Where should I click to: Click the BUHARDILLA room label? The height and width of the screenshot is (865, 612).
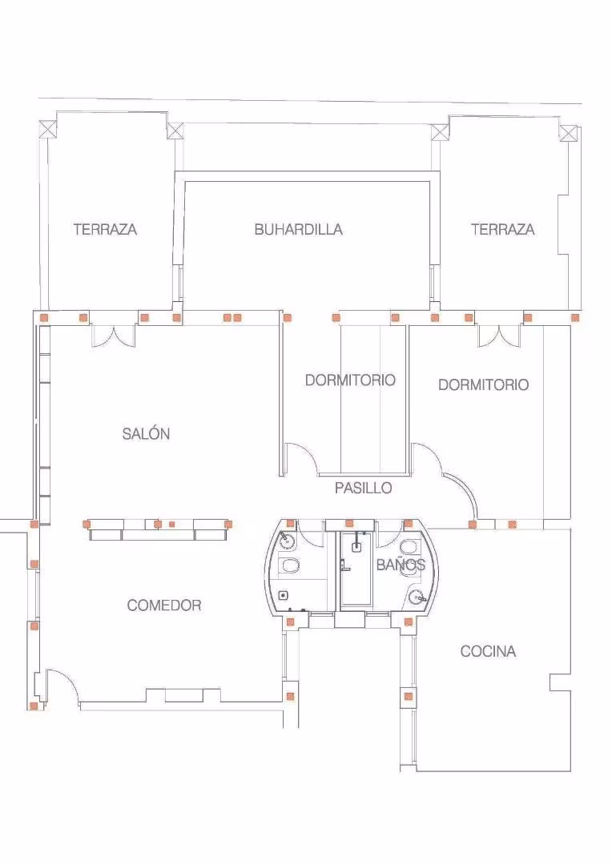[x=298, y=230]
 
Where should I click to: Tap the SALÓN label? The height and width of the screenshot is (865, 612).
[x=146, y=433]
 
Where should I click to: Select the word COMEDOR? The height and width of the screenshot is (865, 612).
[x=164, y=605]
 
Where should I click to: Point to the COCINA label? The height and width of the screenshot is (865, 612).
[x=489, y=651]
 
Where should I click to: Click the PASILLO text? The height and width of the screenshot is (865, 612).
[x=363, y=488]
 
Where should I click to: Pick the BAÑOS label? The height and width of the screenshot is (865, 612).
[x=401, y=564]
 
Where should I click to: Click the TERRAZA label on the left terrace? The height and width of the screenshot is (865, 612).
[x=105, y=230]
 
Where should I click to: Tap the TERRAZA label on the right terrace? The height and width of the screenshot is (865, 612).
[x=503, y=229]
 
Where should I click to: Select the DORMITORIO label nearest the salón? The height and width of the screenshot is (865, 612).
[x=350, y=380]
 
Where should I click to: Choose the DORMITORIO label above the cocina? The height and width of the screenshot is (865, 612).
[x=483, y=384]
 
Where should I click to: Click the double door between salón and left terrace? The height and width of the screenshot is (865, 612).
[x=113, y=336]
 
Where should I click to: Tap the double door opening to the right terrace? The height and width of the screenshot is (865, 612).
[x=499, y=336]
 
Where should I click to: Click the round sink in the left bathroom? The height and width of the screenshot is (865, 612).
[x=287, y=540]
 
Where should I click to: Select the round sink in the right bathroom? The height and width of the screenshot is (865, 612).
[x=418, y=597]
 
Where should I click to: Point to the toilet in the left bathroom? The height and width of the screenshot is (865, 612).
[x=289, y=565]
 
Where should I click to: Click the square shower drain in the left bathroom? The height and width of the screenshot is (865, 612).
[x=284, y=594]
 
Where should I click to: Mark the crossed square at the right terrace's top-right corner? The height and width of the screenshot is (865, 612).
[x=569, y=133]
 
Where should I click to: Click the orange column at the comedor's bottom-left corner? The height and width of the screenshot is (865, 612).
[x=34, y=706]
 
